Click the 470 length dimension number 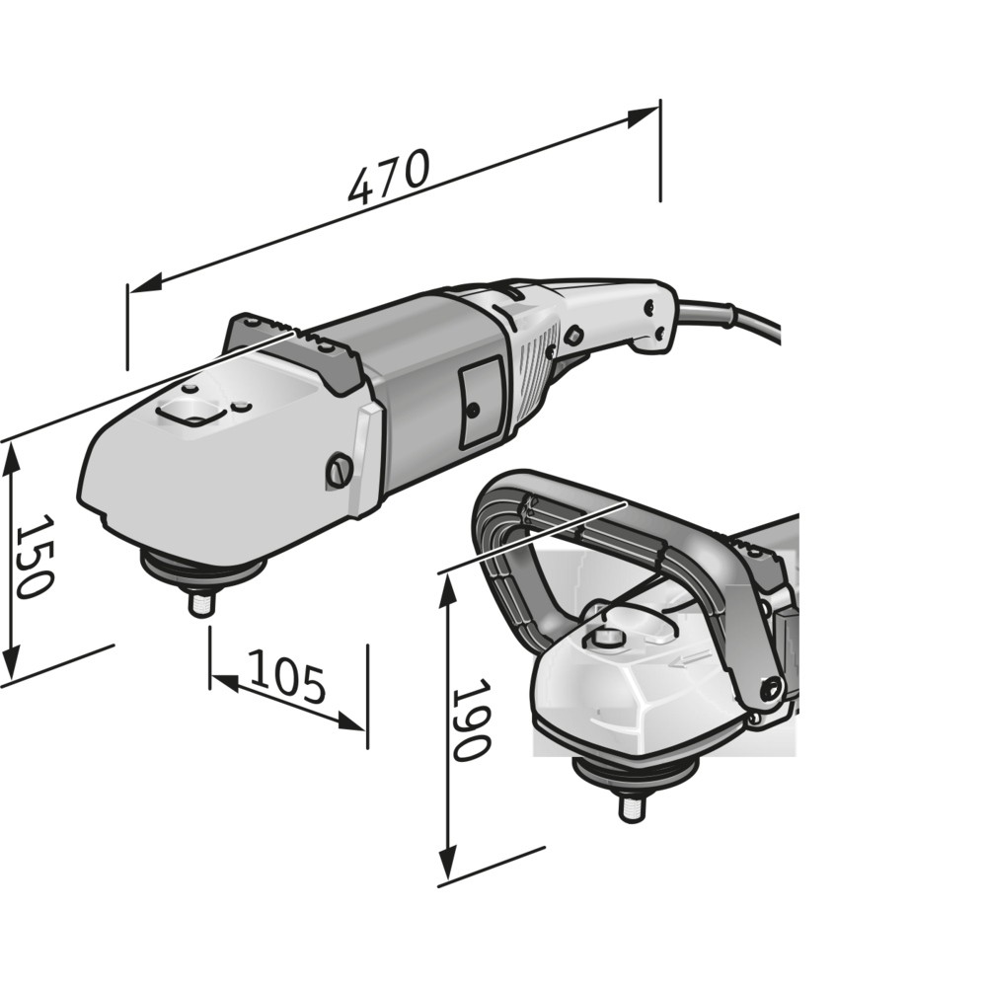(389, 177)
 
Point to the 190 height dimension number (471, 719)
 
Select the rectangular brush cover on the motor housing (481, 404)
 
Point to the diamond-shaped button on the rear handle (573, 335)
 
